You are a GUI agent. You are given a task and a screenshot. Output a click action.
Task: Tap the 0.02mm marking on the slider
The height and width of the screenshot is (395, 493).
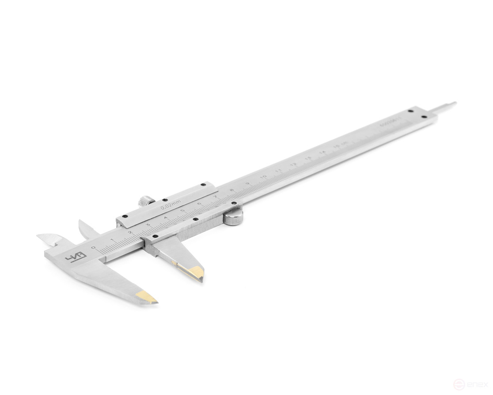(171, 205)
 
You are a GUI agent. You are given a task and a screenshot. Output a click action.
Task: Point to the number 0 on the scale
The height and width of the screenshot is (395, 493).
(93, 248)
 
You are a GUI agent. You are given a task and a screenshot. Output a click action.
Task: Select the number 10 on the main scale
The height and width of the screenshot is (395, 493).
(263, 177)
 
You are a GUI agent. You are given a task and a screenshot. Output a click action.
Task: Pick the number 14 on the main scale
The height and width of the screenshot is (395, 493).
(323, 152)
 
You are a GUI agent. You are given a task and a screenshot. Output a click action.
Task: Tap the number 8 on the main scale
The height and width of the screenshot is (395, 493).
(231, 191)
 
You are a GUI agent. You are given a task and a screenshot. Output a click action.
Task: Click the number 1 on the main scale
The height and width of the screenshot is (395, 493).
(112, 240)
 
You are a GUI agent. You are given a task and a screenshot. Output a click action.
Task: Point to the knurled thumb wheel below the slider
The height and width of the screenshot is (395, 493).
(232, 218)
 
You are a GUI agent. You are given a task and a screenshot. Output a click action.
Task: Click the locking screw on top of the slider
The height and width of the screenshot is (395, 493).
(144, 201)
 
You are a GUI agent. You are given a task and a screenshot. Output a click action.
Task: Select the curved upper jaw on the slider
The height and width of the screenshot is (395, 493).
(86, 227)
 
